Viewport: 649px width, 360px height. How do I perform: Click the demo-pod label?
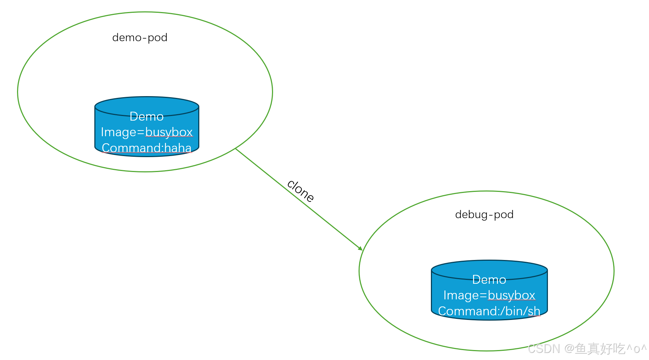[140, 38]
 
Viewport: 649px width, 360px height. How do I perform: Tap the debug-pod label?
[484, 215]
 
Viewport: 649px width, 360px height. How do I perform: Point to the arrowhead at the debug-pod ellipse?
[360, 249]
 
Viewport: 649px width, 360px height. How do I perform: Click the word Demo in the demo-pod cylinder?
[146, 116]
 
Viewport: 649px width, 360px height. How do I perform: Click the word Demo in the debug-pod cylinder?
[489, 279]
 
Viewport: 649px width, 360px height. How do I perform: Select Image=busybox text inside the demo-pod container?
[147, 132]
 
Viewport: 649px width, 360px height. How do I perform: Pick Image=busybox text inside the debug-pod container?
[489, 295]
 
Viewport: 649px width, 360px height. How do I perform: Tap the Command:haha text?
[147, 148]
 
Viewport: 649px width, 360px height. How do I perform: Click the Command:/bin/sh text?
[489, 311]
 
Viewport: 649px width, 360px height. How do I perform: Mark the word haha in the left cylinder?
[178, 148]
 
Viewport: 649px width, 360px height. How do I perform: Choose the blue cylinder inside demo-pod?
[147, 127]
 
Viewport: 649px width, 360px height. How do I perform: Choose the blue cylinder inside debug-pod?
[489, 290]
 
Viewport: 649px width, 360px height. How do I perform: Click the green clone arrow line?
[299, 199]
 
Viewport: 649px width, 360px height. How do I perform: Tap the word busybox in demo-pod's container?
[169, 132]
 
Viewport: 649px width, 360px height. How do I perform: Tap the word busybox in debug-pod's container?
[511, 295]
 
